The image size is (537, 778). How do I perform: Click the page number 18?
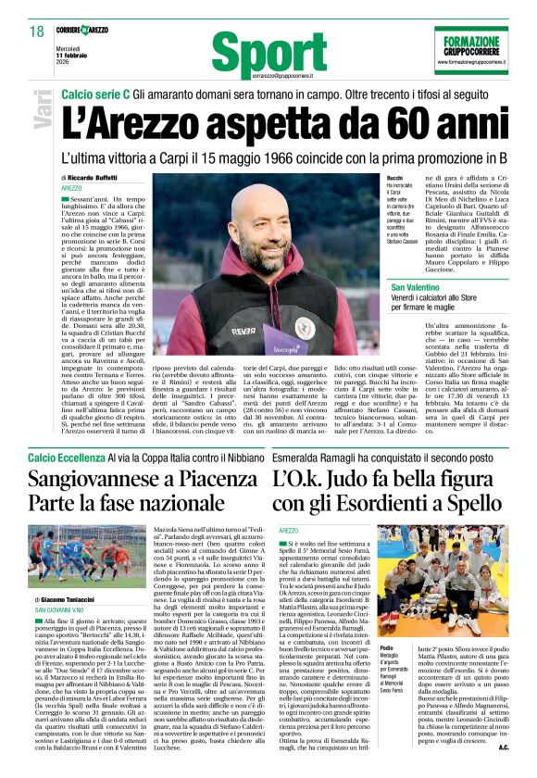tap(36, 31)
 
